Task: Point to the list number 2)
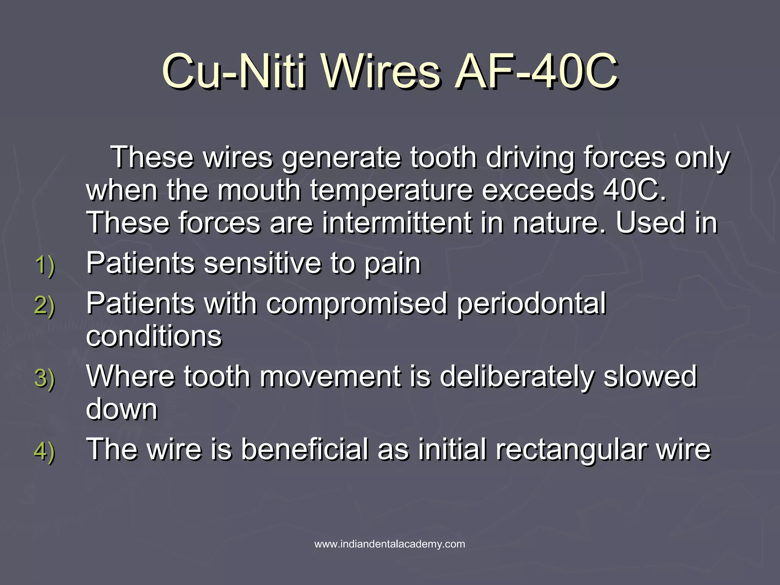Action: coord(45,305)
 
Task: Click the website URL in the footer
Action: coord(390,544)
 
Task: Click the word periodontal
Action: coord(531,304)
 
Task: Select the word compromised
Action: coord(356,304)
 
